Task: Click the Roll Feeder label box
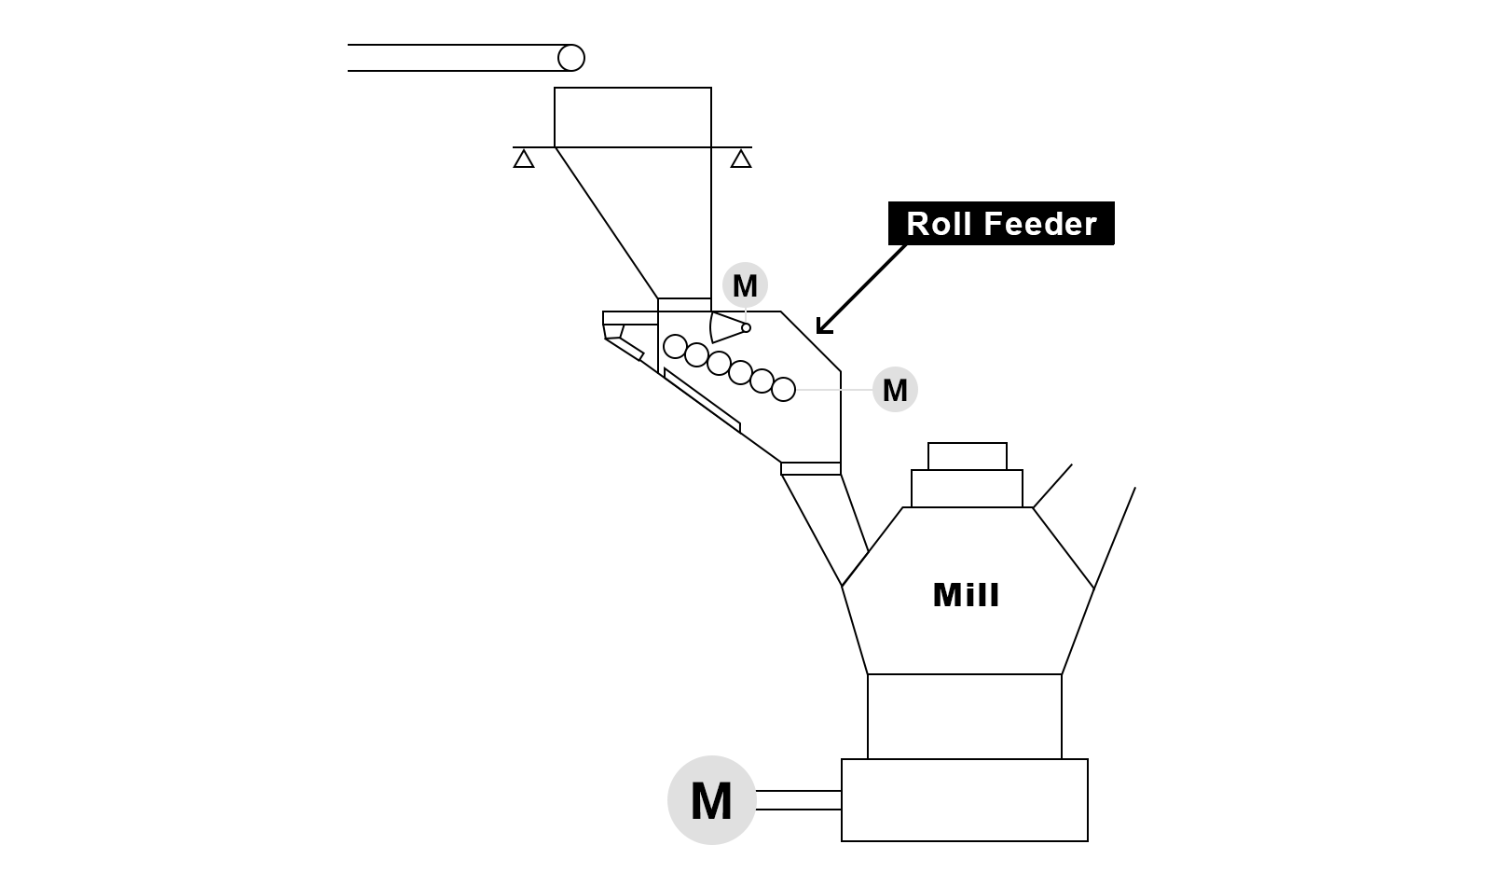tap(1001, 224)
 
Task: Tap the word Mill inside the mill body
tap(966, 595)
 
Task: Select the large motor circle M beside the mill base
tap(711, 800)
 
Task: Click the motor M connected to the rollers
tap(895, 390)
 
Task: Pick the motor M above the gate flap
tap(745, 285)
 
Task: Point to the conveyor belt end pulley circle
tap(571, 58)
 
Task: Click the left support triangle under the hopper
tap(524, 159)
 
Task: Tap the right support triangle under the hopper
tap(741, 159)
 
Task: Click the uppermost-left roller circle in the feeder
tap(675, 346)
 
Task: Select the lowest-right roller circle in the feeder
tap(784, 389)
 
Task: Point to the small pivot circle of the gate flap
tap(746, 327)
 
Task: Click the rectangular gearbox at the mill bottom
tap(964, 800)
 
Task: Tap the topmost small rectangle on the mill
tap(967, 456)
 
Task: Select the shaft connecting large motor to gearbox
tap(798, 800)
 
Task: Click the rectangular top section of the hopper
tap(633, 118)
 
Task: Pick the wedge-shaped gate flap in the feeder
tap(725, 326)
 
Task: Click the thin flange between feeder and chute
tap(811, 468)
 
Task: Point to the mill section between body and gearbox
tap(964, 716)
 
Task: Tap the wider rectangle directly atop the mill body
tap(967, 489)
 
